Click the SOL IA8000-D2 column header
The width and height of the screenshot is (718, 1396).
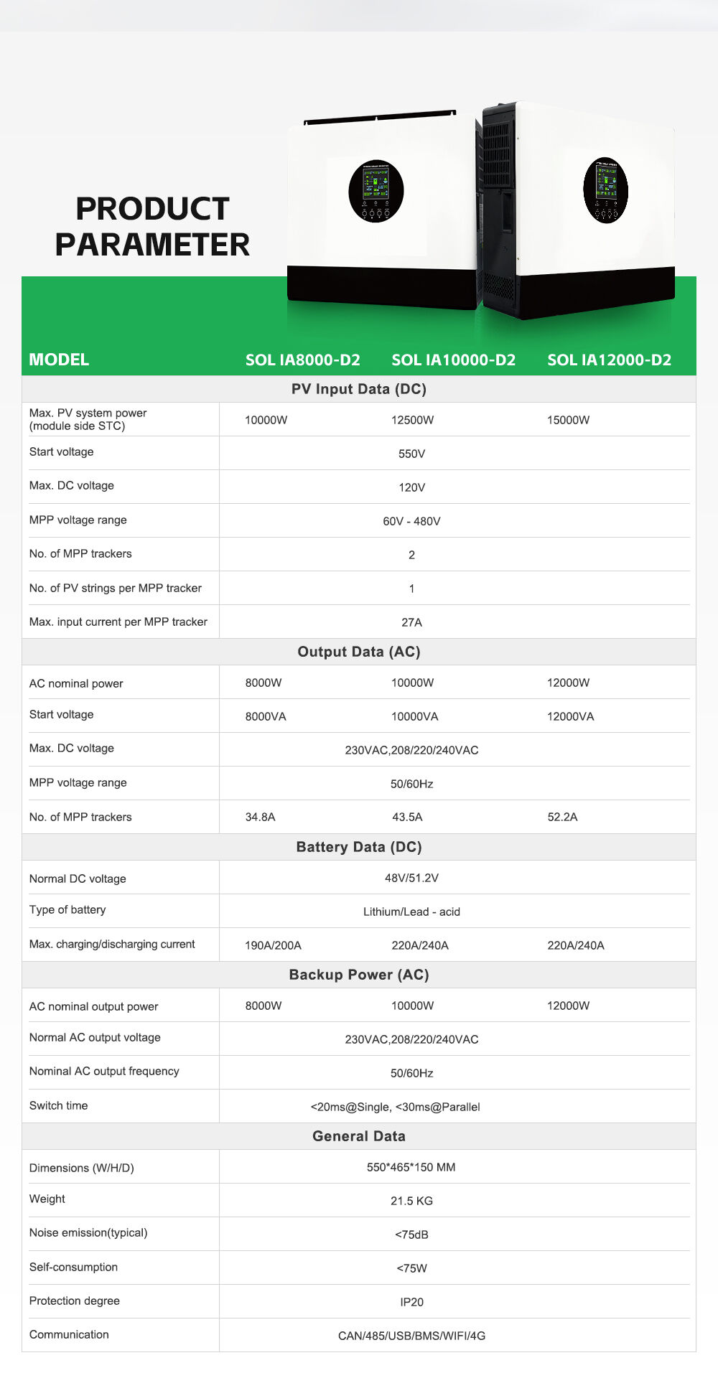[302, 360]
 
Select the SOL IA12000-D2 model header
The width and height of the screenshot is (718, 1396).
[609, 360]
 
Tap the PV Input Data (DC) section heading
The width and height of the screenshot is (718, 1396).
[358, 389]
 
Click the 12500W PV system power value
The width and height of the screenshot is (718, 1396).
[412, 420]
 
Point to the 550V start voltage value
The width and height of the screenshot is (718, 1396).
[411, 454]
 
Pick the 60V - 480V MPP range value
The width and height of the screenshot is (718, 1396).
[411, 521]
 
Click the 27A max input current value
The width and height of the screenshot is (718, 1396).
[411, 622]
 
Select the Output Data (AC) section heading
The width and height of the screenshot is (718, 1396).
[358, 652]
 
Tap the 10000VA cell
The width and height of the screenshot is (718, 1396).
[414, 716]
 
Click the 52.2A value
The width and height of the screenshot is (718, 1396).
[562, 817]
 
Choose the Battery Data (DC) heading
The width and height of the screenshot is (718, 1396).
[358, 847]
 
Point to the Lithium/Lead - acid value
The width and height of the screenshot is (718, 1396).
[411, 912]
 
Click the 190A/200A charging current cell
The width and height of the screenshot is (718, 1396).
[273, 945]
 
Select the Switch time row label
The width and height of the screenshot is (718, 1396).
[58, 1105]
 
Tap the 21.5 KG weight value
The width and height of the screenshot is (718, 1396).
[411, 1201]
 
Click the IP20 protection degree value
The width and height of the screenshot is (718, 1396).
[411, 1302]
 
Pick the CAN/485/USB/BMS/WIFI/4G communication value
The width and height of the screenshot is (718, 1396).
[411, 1336]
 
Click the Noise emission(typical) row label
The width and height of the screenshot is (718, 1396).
[88, 1232]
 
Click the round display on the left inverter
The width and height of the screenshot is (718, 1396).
[376, 191]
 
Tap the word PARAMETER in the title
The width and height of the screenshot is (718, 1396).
[152, 244]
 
